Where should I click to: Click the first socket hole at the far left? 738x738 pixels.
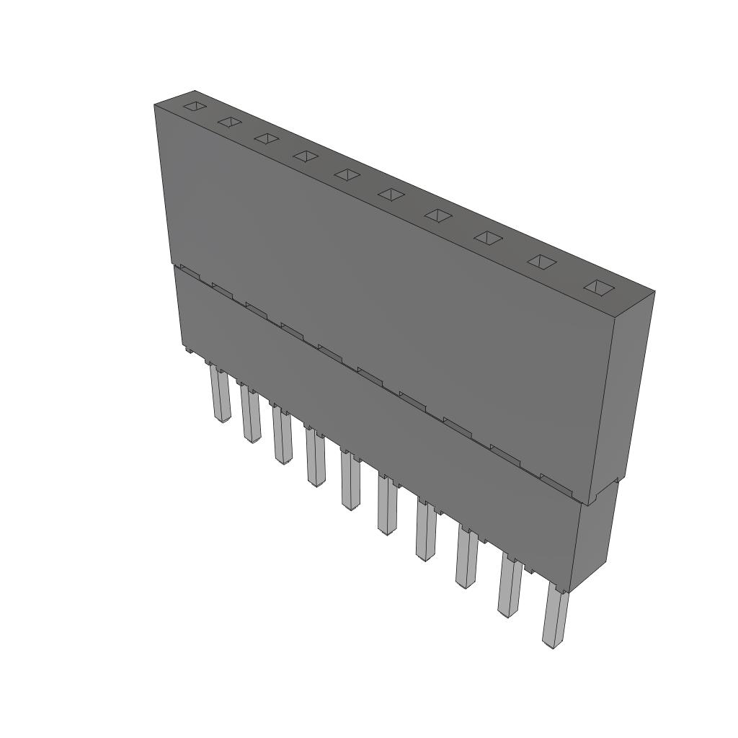[x=195, y=107]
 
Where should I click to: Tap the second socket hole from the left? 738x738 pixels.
[x=229, y=122]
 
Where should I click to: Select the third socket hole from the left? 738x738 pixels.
[x=266, y=138]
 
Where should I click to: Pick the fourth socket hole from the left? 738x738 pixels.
[x=306, y=156]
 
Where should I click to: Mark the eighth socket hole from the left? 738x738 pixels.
[x=488, y=237]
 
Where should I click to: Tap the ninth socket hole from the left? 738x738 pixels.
[x=541, y=262]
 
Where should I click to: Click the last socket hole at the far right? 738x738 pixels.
[x=597, y=288]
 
